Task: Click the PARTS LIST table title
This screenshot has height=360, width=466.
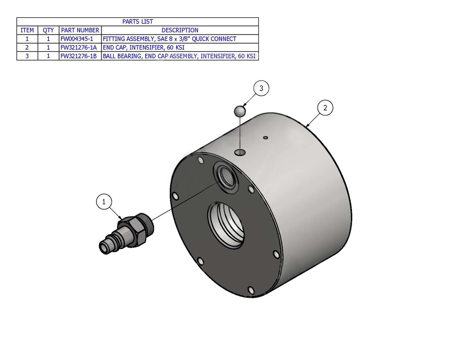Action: pos(137,22)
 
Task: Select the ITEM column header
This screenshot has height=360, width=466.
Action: pos(27,30)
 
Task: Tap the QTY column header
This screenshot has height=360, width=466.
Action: pos(48,30)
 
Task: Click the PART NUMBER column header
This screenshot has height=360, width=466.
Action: pos(80,30)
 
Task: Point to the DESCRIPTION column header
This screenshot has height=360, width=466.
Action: pos(180,30)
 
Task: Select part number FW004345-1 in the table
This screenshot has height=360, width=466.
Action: pos(76,39)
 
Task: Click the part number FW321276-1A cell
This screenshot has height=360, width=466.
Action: pos(78,48)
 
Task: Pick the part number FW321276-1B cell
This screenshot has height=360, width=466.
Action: pos(78,56)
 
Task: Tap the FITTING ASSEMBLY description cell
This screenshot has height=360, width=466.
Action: pos(169,39)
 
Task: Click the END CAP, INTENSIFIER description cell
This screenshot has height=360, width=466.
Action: pos(143,48)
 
